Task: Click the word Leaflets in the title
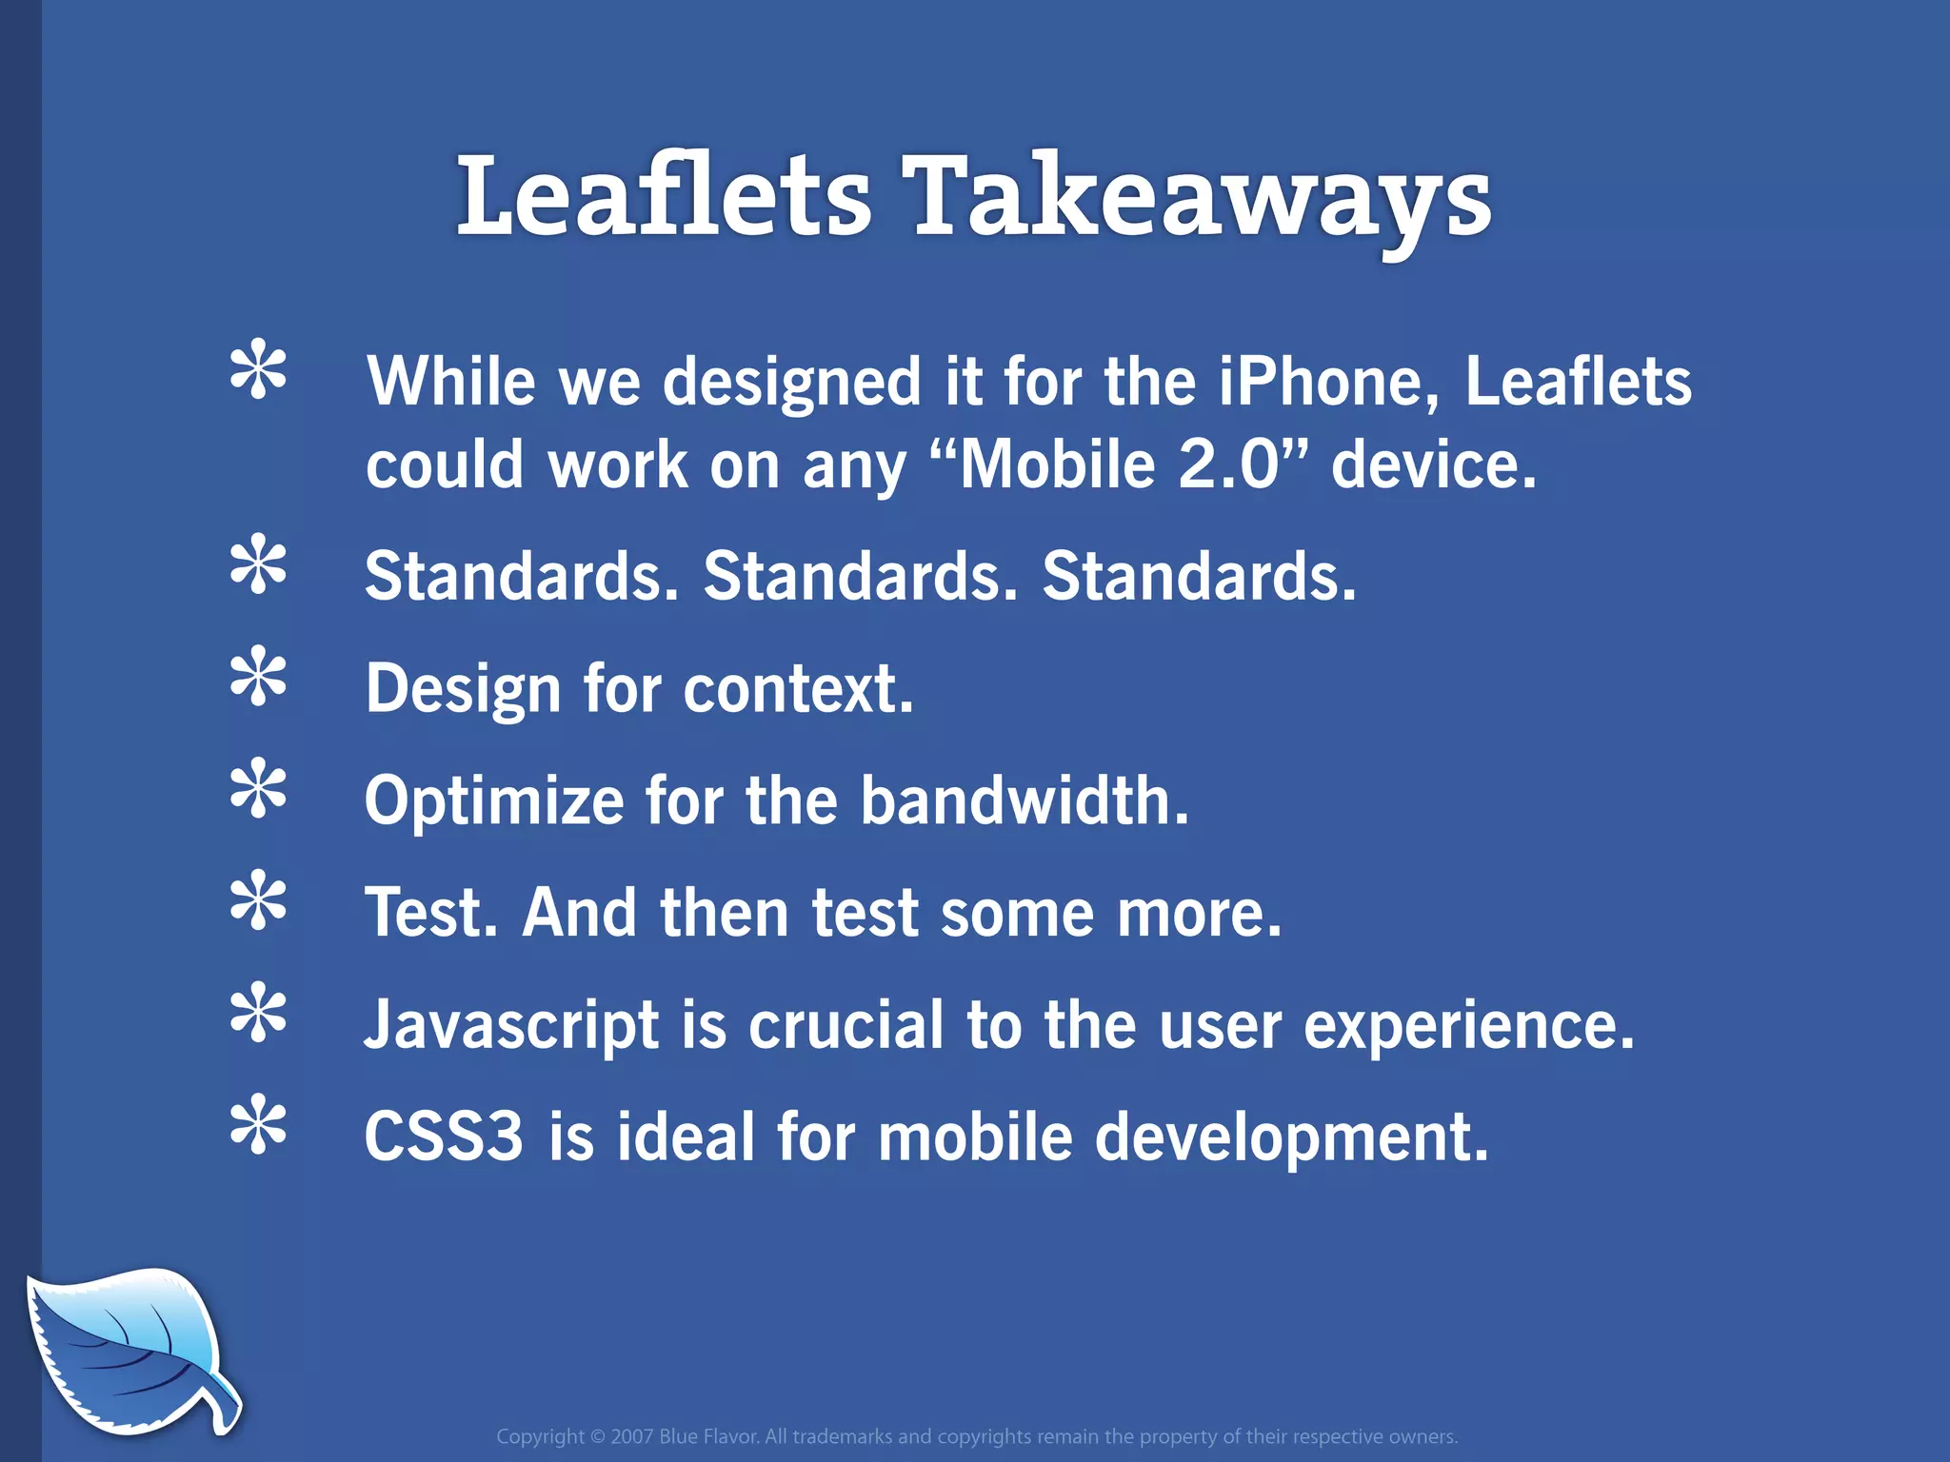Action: [664, 197]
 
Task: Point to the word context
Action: [798, 689]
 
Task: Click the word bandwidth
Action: [1024, 800]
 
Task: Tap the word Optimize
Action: [494, 800]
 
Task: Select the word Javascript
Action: [512, 1026]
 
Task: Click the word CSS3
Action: [444, 1137]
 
